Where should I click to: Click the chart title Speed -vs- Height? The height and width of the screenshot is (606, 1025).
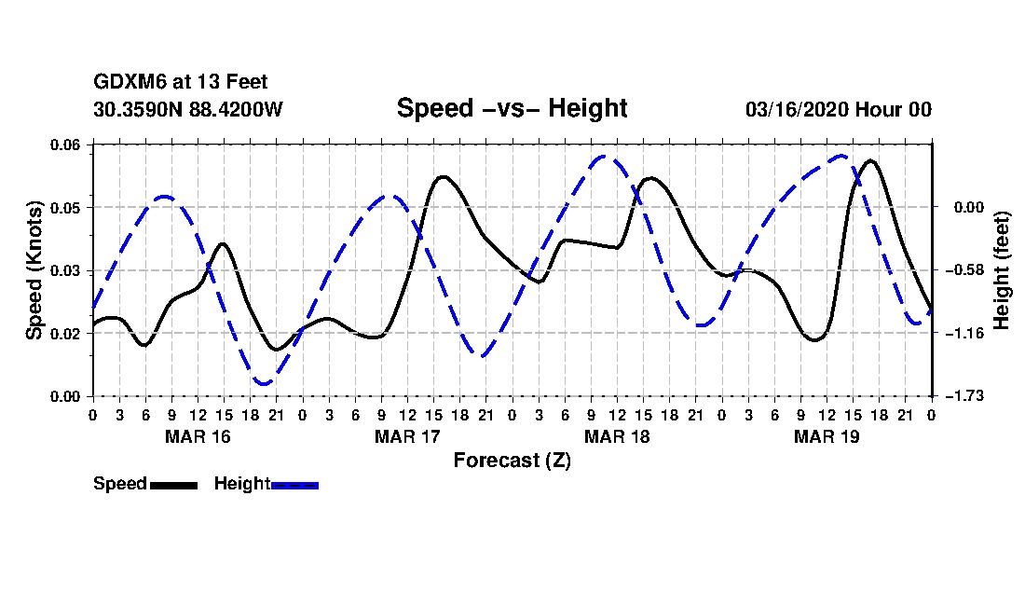[512, 108]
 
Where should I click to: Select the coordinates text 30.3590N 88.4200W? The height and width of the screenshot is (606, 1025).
[188, 109]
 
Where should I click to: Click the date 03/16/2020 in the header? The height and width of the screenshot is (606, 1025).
[796, 109]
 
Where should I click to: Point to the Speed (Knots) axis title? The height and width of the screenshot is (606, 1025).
[34, 270]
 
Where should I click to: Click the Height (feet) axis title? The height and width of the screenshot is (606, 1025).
[1002, 270]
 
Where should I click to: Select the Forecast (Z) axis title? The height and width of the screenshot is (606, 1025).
[512, 461]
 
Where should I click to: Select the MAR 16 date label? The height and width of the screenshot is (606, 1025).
[198, 436]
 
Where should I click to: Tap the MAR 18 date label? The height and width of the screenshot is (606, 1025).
[617, 436]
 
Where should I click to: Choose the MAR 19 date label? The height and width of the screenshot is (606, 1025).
[827, 436]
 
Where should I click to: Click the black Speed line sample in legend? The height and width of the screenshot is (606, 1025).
[174, 485]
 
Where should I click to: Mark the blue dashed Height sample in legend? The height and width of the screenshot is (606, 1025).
[294, 485]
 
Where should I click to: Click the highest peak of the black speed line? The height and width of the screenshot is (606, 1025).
[870, 160]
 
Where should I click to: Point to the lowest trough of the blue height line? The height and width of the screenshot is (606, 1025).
[264, 384]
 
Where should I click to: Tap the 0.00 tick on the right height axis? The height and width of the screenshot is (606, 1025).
[969, 207]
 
